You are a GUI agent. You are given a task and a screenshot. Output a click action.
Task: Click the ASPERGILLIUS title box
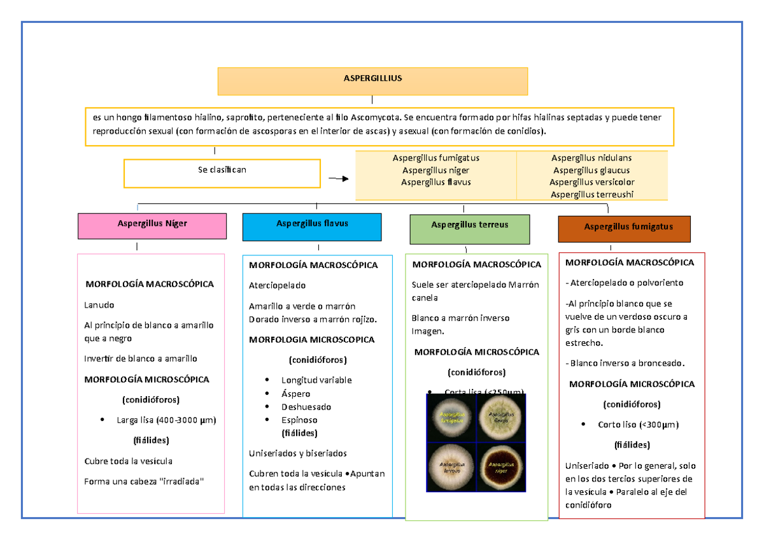click(x=372, y=81)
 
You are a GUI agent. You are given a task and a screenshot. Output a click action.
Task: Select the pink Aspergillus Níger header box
click(x=152, y=225)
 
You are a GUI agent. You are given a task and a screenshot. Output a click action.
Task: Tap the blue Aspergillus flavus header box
click(x=312, y=226)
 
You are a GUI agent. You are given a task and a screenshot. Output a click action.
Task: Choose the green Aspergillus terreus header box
click(x=470, y=229)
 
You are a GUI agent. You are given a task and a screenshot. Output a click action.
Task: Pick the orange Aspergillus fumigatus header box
click(x=625, y=229)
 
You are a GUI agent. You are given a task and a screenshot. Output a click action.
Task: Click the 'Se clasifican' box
click(x=222, y=173)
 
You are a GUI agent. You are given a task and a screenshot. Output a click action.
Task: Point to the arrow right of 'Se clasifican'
click(x=338, y=179)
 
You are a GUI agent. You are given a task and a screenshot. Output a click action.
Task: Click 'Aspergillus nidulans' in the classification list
click(x=591, y=158)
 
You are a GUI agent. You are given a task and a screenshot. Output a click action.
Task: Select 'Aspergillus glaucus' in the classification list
click(x=591, y=170)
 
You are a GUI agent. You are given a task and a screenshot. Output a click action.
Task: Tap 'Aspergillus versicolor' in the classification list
click(x=591, y=182)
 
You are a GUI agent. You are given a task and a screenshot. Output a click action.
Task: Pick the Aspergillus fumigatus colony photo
click(x=452, y=418)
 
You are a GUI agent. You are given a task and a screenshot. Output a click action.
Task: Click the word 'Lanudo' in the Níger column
click(x=99, y=305)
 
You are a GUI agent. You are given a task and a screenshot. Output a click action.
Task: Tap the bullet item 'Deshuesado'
click(x=306, y=407)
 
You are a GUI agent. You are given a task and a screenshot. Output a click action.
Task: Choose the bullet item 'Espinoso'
click(x=299, y=420)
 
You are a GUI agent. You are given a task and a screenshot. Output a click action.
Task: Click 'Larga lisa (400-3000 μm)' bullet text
click(x=167, y=420)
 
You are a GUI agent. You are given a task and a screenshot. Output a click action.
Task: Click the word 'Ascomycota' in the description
click(x=376, y=117)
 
